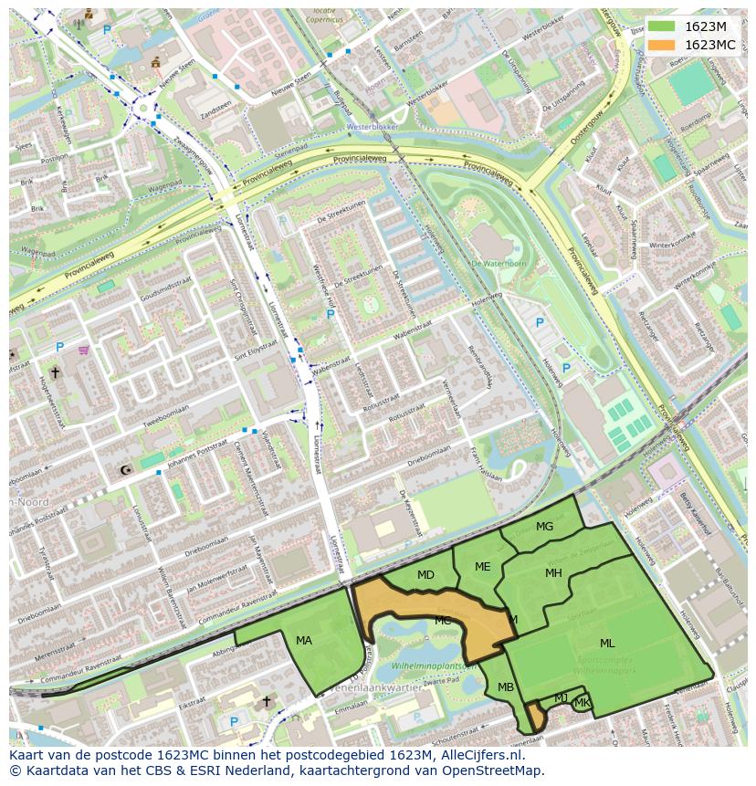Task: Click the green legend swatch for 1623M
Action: click(662, 26)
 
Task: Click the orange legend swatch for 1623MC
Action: click(662, 45)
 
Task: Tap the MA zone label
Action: click(304, 641)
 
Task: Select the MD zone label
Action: click(425, 575)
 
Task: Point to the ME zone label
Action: click(482, 567)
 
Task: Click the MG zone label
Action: click(544, 527)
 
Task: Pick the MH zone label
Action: click(553, 573)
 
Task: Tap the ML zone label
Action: click(607, 644)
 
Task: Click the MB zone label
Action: click(506, 687)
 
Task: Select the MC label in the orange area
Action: click(443, 621)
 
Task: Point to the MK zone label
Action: click(582, 703)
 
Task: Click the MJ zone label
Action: click(561, 698)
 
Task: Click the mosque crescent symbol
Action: click(126, 471)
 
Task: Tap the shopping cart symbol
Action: click(84, 349)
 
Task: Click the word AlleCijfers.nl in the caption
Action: click(479, 755)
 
